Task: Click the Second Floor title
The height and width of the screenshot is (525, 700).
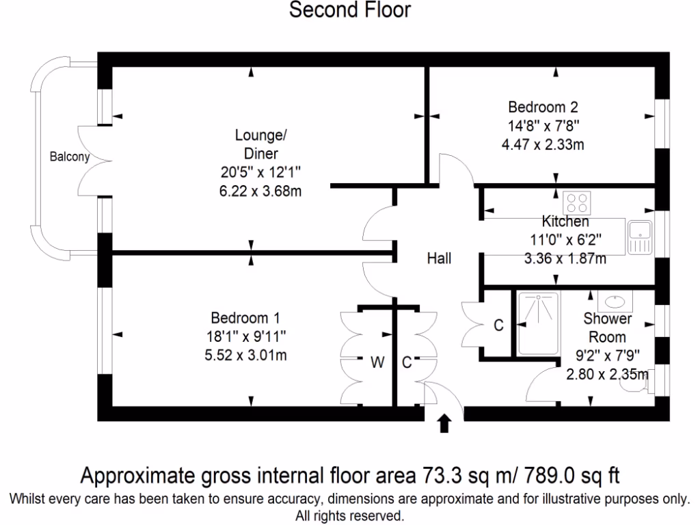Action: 350,10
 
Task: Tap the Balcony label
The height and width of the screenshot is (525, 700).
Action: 69,157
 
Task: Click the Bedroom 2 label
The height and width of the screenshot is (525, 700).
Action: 543,107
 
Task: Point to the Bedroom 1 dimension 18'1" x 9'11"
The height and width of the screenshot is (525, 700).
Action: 246,336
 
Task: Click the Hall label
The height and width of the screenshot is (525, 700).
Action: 439,258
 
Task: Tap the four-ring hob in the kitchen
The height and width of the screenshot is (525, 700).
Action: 576,202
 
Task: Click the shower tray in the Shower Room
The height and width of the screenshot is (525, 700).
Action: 538,324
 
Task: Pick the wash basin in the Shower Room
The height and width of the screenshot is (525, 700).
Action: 615,301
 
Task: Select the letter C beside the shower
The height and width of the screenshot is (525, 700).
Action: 498,326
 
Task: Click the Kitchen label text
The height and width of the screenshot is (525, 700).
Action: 565,221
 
